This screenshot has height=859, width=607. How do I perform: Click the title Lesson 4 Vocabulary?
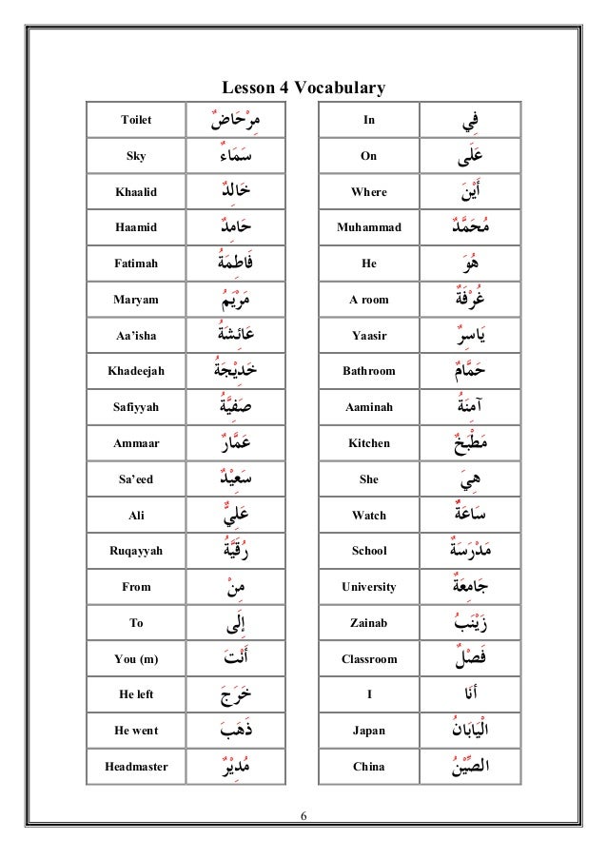point(303,88)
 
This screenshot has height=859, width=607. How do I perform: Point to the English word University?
point(369,587)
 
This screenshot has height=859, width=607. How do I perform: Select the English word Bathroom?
point(369,372)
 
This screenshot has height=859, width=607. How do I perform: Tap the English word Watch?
point(369,516)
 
